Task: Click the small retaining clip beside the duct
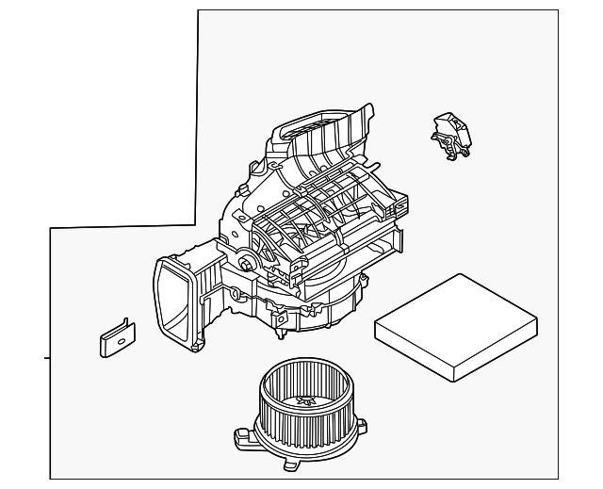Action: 116,337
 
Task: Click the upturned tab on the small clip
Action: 125,325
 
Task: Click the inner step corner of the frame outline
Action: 195,226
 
